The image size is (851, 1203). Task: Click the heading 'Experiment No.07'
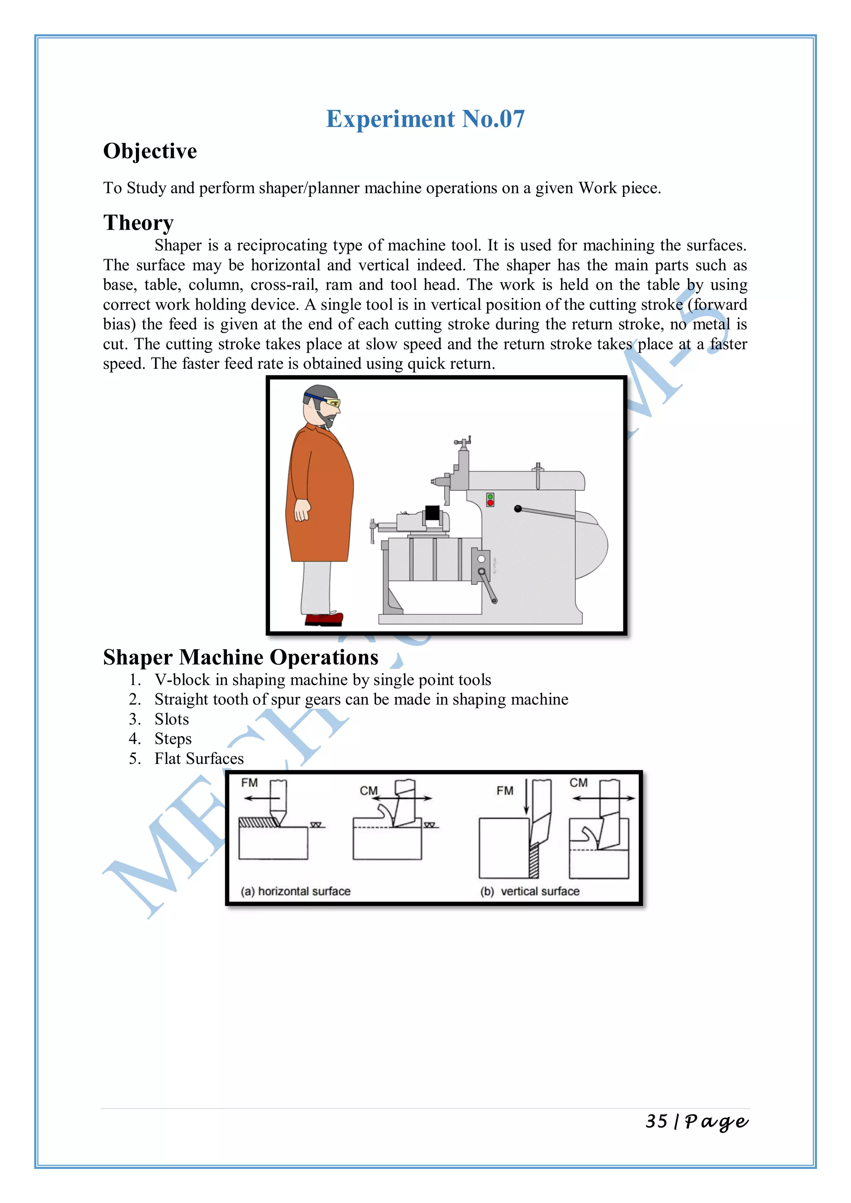pos(425,119)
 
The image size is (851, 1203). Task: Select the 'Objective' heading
pos(150,152)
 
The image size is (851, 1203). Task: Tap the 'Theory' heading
pos(138,223)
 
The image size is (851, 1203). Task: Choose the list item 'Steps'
pos(173,739)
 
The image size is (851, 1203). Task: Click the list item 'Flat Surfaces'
pos(199,759)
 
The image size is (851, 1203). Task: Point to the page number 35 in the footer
pos(656,1121)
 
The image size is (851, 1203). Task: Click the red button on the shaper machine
pos(490,503)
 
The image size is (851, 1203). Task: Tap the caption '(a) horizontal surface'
pos(295,891)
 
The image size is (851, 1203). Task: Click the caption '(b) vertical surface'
pos(530,891)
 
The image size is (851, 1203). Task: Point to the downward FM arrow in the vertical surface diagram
pos(526,799)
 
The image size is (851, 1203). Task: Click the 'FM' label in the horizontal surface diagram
pos(249,783)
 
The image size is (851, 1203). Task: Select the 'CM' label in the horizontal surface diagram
pos(369,791)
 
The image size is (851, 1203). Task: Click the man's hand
pos(302,511)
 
